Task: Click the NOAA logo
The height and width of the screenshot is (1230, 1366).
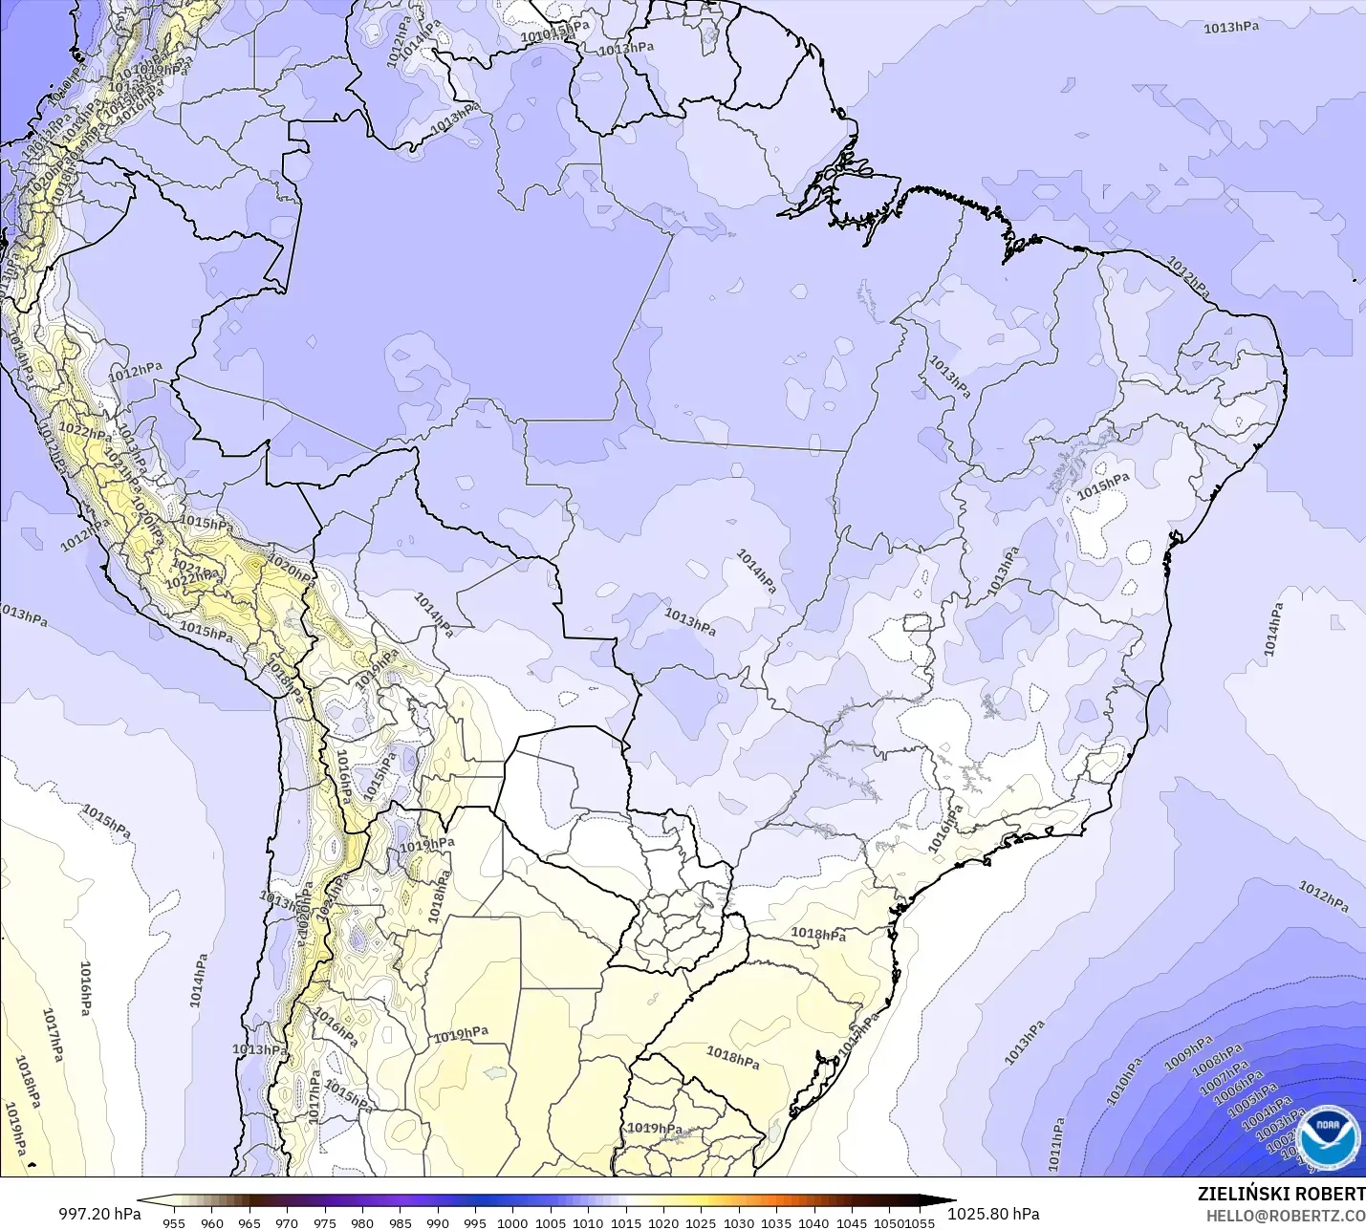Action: [1328, 1136]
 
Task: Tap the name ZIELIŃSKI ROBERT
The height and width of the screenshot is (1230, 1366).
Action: [1281, 1194]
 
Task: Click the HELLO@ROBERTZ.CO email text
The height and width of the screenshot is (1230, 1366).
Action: [1285, 1216]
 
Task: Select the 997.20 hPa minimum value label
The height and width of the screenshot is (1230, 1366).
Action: [99, 1214]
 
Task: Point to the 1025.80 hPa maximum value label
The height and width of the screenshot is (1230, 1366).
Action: [993, 1214]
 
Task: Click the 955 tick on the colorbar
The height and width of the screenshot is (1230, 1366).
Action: [174, 1222]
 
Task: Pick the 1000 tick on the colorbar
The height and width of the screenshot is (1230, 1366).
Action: [512, 1222]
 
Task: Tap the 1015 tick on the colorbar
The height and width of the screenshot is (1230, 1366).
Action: [625, 1222]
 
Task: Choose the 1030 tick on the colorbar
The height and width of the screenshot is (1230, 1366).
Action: [738, 1222]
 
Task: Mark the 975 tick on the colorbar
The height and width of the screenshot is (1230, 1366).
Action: [324, 1222]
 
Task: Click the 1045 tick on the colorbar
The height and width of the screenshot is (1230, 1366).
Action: [851, 1222]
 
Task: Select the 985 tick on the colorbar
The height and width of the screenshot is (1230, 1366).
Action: [400, 1222]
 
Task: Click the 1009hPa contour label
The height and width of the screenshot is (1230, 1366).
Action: [1188, 1052]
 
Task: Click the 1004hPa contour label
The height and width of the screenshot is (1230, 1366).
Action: [1267, 1117]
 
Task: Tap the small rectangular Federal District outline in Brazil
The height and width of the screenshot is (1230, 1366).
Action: [917, 623]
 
